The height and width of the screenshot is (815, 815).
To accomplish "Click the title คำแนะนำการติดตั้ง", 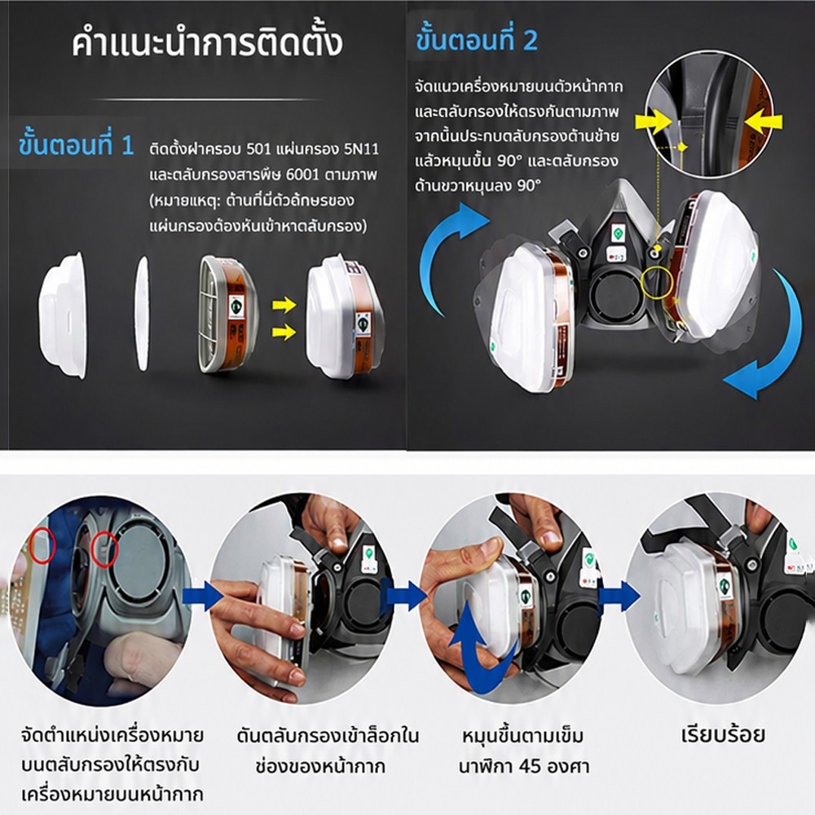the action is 207,44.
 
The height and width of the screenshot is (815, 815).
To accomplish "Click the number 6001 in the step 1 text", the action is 302,174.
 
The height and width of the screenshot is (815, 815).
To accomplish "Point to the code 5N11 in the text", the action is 361,150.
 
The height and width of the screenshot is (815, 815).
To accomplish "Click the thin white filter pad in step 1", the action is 142,314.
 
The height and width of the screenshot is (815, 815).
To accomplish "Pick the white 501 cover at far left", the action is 63,315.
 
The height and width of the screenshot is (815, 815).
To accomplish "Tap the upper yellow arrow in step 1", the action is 284,305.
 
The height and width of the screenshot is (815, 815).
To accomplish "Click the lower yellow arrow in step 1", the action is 284,331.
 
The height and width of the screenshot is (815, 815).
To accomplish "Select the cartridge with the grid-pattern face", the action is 227,314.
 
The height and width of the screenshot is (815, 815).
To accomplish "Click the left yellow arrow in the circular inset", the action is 654,123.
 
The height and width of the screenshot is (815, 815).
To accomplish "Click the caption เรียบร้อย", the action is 722,735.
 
